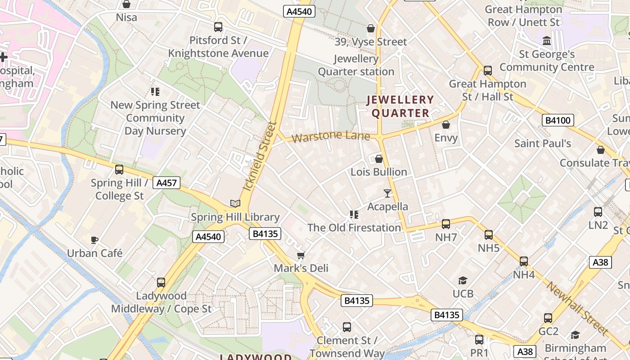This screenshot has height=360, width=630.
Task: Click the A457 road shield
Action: tap(166, 183)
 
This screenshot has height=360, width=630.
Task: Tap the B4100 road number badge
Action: tap(558, 120)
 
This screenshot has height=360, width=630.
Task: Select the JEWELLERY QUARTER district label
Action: tap(400, 106)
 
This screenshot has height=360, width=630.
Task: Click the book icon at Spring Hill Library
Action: tap(235, 203)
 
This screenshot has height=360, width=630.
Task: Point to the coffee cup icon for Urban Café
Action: tap(94, 240)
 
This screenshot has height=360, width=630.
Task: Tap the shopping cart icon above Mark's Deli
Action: tap(301, 255)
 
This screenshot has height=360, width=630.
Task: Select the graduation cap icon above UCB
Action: tap(463, 281)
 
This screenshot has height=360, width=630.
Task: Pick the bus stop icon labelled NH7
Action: tap(446, 224)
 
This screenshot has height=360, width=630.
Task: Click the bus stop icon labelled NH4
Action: tap(524, 261)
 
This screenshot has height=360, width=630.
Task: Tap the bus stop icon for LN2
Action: tap(598, 212)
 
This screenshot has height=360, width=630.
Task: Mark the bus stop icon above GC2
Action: tap(548, 318)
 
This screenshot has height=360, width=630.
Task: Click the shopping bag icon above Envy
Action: tap(446, 125)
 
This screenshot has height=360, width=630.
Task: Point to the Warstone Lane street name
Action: tap(331, 136)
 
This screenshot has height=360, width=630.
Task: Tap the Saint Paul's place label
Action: tap(543, 144)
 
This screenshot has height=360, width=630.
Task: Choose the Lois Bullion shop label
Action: tap(379, 172)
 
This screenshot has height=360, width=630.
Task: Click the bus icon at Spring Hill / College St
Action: tap(119, 170)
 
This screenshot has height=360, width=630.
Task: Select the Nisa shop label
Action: tap(126, 18)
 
